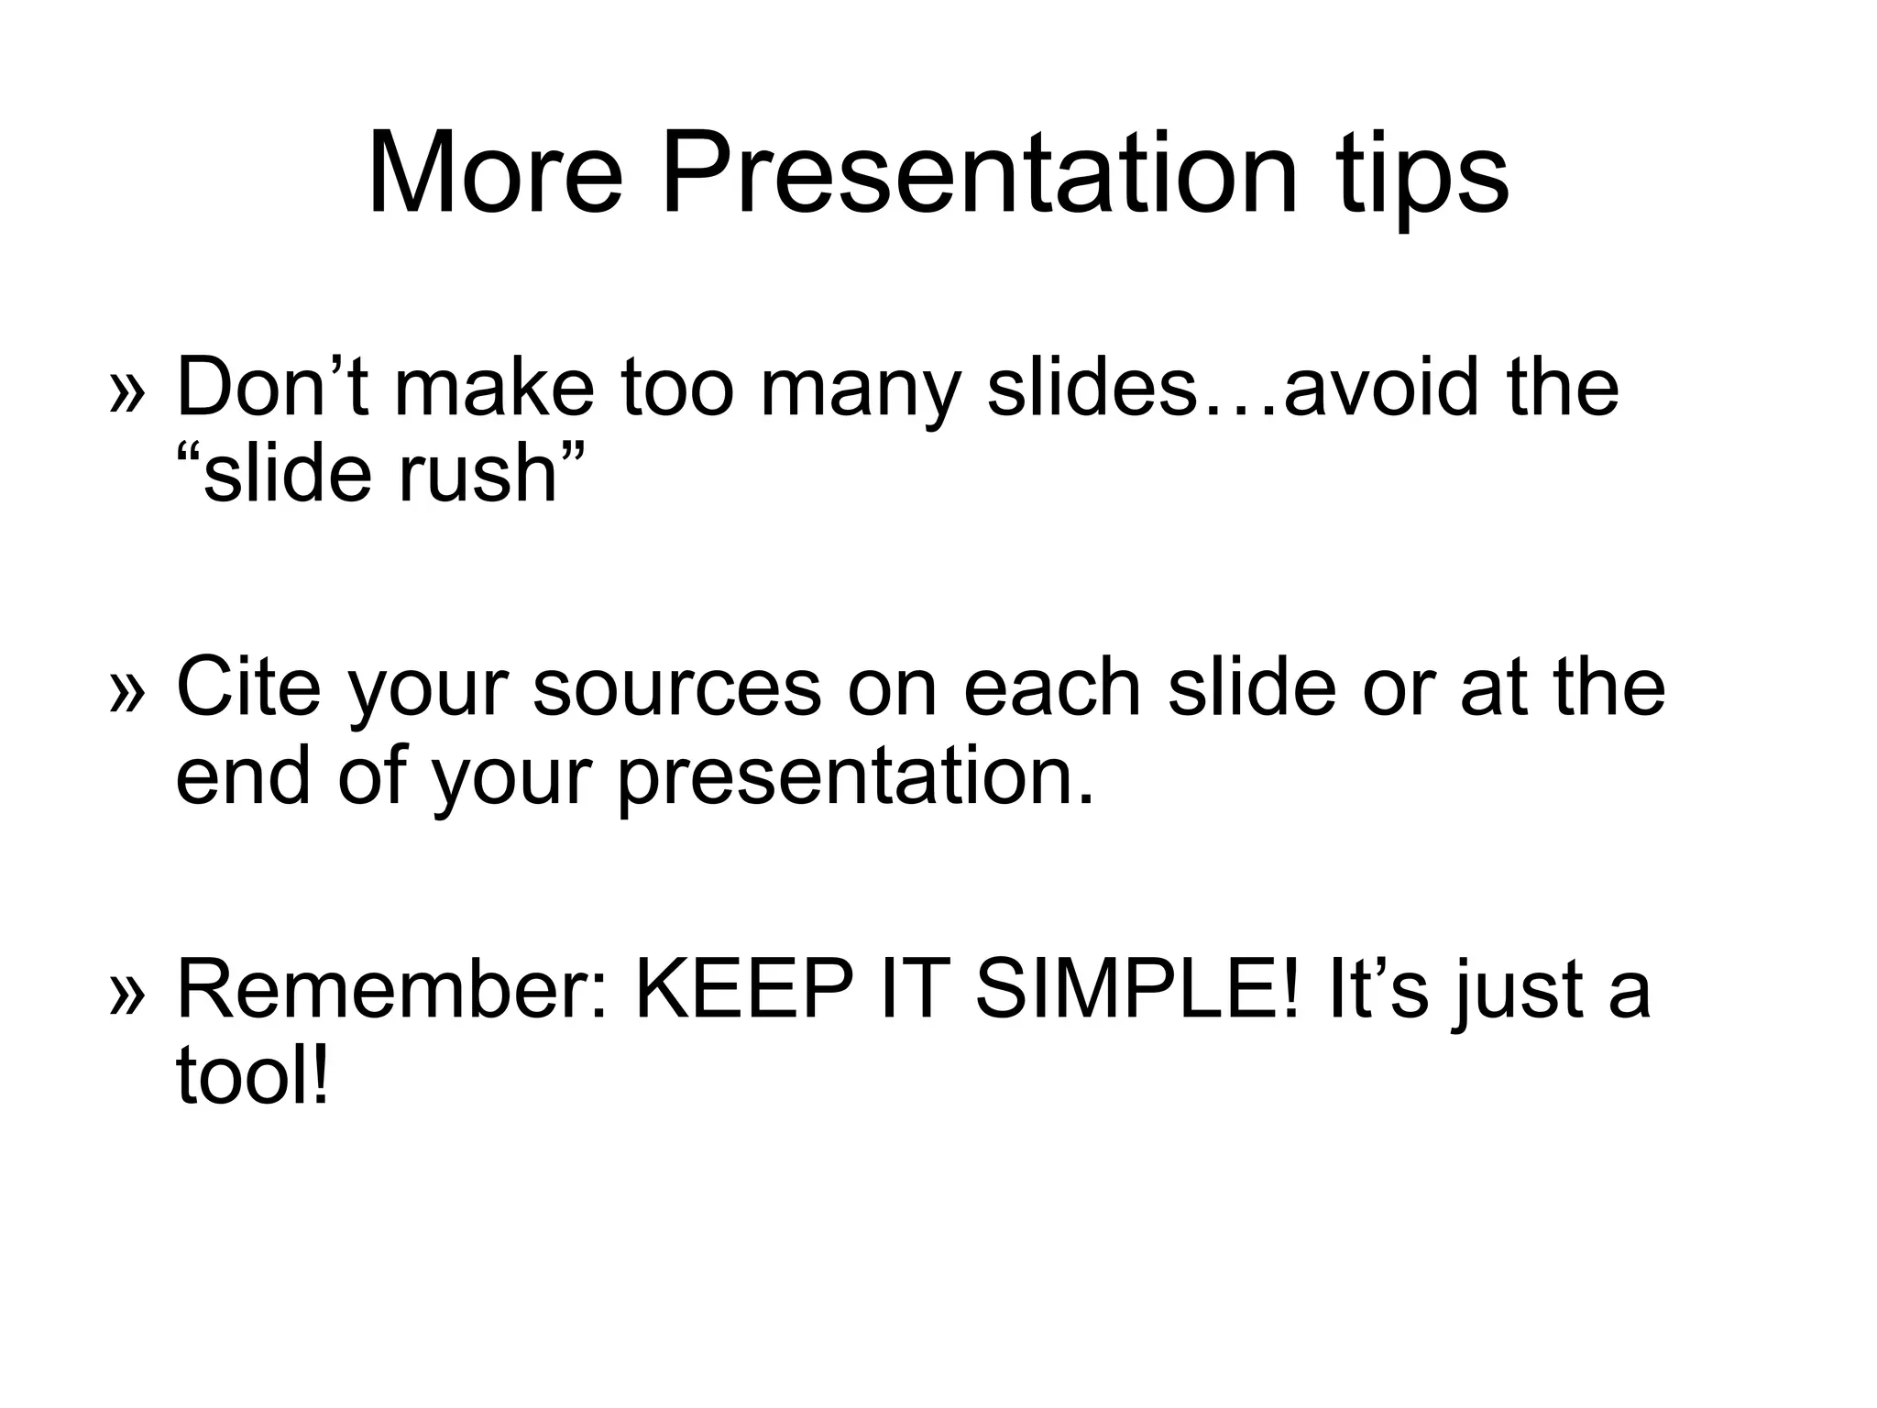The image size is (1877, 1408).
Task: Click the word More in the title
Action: point(495,174)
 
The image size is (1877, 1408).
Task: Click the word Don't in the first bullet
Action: point(271,388)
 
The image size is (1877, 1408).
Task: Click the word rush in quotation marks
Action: point(477,476)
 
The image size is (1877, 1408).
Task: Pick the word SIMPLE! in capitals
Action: point(1136,990)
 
